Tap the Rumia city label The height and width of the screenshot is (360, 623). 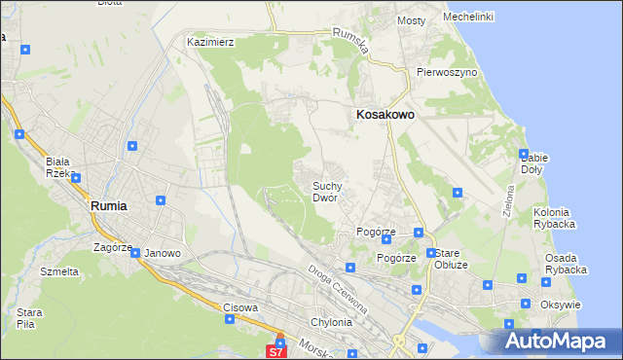coord(108,206)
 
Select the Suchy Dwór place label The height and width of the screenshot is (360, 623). coord(325,191)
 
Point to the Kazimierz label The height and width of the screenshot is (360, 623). coord(211,43)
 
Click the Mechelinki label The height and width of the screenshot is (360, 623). coord(467,17)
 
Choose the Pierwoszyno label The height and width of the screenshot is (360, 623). coord(446,72)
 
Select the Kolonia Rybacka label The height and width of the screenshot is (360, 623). coord(555,217)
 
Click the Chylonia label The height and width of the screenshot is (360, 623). coord(329,322)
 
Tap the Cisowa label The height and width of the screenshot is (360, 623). coord(240,307)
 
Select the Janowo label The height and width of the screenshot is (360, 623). coord(163,253)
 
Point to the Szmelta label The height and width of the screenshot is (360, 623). coord(59,271)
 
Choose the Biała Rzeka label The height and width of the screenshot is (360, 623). coord(59,167)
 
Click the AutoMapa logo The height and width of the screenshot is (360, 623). coord(559,342)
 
